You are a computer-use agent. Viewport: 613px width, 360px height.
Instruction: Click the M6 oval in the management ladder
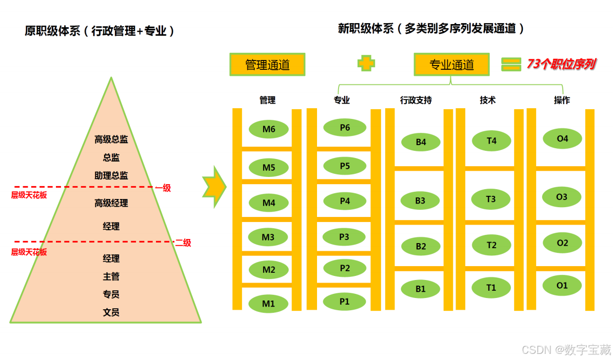pyautogui.click(x=269, y=129)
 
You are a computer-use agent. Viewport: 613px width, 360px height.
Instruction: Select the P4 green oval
pyautogui.click(x=344, y=201)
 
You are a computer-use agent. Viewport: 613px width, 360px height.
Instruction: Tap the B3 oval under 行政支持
pyautogui.click(x=420, y=201)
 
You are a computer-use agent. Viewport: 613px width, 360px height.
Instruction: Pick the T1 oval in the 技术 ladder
pyautogui.click(x=491, y=288)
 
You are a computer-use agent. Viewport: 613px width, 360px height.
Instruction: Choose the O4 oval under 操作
pyautogui.click(x=562, y=138)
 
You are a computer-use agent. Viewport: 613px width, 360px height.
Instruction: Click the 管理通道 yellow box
pyautogui.click(x=267, y=65)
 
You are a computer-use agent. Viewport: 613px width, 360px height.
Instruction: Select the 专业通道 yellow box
pyautogui.click(x=451, y=65)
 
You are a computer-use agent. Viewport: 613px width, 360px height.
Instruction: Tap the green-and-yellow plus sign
pyautogui.click(x=366, y=64)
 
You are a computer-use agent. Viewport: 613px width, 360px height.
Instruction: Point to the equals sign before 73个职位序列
pyautogui.click(x=511, y=64)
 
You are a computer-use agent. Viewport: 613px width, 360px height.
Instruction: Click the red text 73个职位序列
pyautogui.click(x=561, y=64)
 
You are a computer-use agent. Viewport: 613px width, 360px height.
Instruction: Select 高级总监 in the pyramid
pyautogui.click(x=111, y=139)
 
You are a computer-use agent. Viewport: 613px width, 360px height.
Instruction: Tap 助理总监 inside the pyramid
pyautogui.click(x=111, y=175)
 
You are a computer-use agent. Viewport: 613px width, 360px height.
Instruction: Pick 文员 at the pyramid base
pyautogui.click(x=111, y=312)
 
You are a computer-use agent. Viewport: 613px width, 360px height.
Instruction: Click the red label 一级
pyautogui.click(x=164, y=188)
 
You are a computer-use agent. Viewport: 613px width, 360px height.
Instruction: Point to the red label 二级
pyautogui.click(x=183, y=243)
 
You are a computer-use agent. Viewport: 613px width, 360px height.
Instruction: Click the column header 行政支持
pyautogui.click(x=416, y=101)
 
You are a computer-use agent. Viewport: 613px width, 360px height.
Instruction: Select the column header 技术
pyautogui.click(x=487, y=101)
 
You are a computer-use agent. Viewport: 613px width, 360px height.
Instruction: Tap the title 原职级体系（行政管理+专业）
pyautogui.click(x=100, y=31)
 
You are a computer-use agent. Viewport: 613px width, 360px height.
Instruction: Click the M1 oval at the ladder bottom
pyautogui.click(x=269, y=304)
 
